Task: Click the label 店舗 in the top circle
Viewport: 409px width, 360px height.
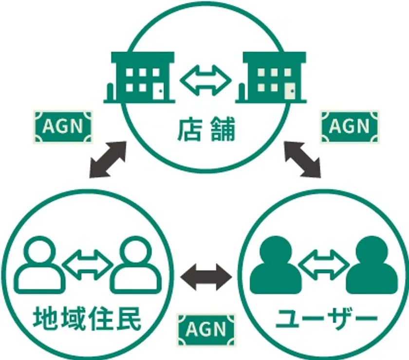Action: click(x=206, y=129)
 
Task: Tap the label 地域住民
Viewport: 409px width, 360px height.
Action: click(x=87, y=318)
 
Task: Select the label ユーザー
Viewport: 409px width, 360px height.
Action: click(x=327, y=318)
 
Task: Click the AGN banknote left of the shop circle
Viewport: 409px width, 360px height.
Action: click(x=63, y=127)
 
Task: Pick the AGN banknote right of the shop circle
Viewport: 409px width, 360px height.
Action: click(x=350, y=127)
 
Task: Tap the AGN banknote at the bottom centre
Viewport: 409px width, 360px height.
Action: click(x=206, y=329)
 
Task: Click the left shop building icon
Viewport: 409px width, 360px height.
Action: click(x=139, y=77)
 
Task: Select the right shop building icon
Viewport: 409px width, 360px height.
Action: click(x=271, y=77)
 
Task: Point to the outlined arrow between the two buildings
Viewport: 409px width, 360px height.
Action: click(x=206, y=81)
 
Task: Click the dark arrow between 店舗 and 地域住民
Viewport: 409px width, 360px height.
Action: click(x=108, y=160)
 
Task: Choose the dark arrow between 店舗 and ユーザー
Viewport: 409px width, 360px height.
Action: click(x=302, y=160)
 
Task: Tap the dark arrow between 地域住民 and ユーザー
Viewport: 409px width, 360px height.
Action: click(x=206, y=277)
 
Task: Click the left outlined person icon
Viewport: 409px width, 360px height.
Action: click(x=40, y=265)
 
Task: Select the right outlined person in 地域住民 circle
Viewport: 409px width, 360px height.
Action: click(x=135, y=265)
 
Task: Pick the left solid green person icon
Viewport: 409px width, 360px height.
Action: click(x=276, y=265)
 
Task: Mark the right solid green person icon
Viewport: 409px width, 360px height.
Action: click(x=372, y=265)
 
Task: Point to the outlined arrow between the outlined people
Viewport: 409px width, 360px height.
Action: click(x=88, y=265)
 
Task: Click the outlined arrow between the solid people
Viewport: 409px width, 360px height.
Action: click(x=324, y=265)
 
